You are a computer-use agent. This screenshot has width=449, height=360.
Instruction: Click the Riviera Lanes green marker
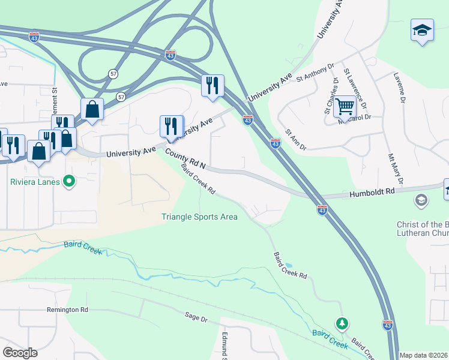point(69,181)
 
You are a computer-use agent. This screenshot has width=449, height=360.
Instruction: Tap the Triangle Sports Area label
point(199,217)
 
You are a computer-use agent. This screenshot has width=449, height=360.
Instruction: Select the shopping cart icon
point(345,107)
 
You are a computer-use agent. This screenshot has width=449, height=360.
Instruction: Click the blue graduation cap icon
point(422,30)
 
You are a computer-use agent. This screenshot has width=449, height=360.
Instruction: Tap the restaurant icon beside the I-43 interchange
point(212,86)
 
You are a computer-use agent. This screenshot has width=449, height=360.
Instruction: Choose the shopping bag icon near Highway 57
point(92,110)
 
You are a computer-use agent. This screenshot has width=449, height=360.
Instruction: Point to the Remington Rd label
point(67,310)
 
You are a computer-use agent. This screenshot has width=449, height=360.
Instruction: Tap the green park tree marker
point(342,324)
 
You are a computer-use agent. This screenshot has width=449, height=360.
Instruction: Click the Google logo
point(20,353)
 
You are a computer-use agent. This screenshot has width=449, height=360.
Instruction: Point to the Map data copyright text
point(424,355)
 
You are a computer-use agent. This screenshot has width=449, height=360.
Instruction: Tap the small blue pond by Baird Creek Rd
point(289,264)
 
